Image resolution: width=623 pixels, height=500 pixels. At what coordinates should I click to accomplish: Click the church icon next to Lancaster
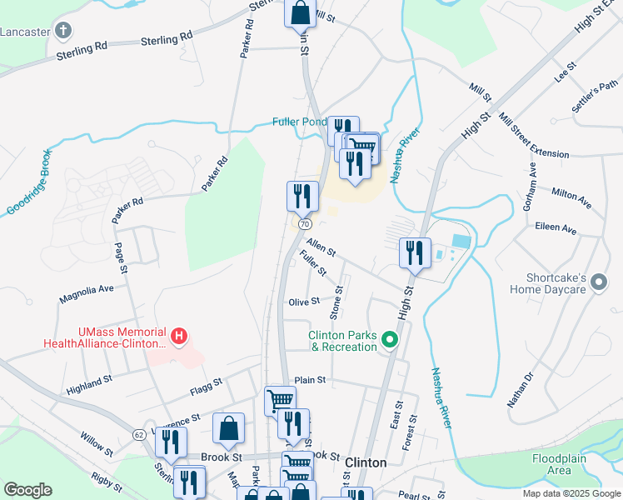tap(63, 32)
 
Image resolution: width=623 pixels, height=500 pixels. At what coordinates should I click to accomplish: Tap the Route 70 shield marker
tap(303, 224)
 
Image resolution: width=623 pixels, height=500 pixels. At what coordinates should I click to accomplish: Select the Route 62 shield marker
tap(138, 434)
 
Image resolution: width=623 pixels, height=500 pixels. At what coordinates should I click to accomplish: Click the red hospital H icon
tap(177, 337)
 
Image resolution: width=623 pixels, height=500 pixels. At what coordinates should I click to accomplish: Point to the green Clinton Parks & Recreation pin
tap(388, 340)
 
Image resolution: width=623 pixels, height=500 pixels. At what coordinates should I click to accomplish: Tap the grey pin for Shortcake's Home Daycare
tap(598, 284)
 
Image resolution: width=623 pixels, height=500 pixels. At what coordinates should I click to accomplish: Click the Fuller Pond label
tap(300, 122)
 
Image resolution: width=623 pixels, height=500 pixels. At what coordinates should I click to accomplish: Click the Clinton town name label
tap(366, 462)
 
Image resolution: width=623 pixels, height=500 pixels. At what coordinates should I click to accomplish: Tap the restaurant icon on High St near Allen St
tap(415, 252)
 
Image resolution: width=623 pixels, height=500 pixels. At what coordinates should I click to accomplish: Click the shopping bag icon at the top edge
tap(301, 13)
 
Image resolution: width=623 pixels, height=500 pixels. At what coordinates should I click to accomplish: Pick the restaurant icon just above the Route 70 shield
tap(302, 196)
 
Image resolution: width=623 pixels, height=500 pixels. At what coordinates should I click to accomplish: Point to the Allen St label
tap(321, 247)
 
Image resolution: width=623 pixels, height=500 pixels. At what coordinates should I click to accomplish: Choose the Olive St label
tap(303, 302)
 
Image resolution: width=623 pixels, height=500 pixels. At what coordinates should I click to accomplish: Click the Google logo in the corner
tap(27, 490)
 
